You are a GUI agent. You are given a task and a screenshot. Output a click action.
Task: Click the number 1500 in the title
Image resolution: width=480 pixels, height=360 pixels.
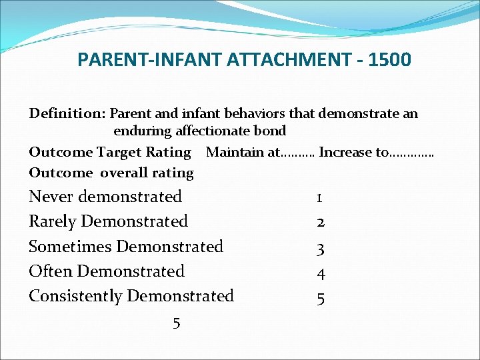click(x=390, y=60)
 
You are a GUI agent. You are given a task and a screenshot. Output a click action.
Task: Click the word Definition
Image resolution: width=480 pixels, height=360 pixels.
click(x=67, y=113)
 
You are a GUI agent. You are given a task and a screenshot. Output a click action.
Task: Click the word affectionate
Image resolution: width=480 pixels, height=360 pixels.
click(x=214, y=131)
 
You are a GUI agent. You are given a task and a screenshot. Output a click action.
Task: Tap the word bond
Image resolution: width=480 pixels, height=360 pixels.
click(x=271, y=131)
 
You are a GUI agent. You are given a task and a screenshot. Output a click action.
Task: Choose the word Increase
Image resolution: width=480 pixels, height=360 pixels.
click(x=346, y=152)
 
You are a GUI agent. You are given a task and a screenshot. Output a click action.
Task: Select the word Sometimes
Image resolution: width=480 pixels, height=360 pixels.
click(x=70, y=246)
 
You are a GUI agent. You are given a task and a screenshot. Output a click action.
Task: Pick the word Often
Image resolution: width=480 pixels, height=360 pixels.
click(x=51, y=271)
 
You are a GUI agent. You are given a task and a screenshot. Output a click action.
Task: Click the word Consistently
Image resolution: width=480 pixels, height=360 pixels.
click(x=75, y=295)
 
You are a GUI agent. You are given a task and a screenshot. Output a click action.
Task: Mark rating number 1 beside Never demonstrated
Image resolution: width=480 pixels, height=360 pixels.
click(x=320, y=198)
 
